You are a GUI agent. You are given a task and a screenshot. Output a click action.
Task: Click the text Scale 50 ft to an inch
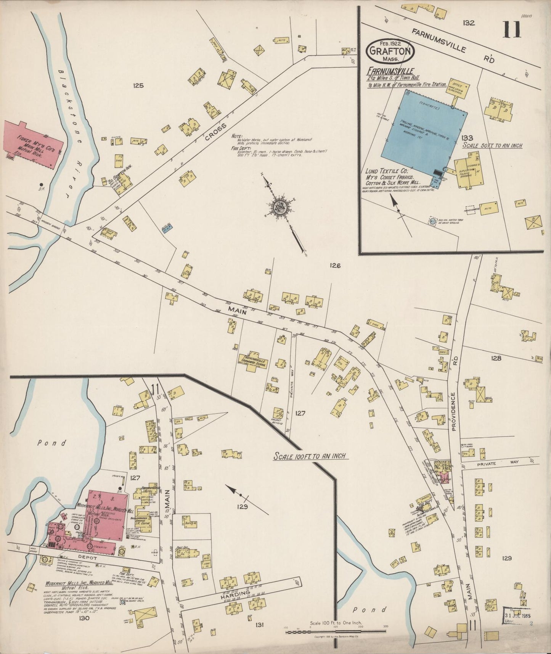click(492, 145)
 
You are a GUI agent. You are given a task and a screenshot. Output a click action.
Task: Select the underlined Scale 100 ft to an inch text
click(311, 456)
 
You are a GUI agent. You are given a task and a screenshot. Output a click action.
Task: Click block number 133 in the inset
click(467, 138)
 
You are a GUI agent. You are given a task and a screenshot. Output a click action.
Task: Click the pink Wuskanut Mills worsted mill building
click(108, 512)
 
